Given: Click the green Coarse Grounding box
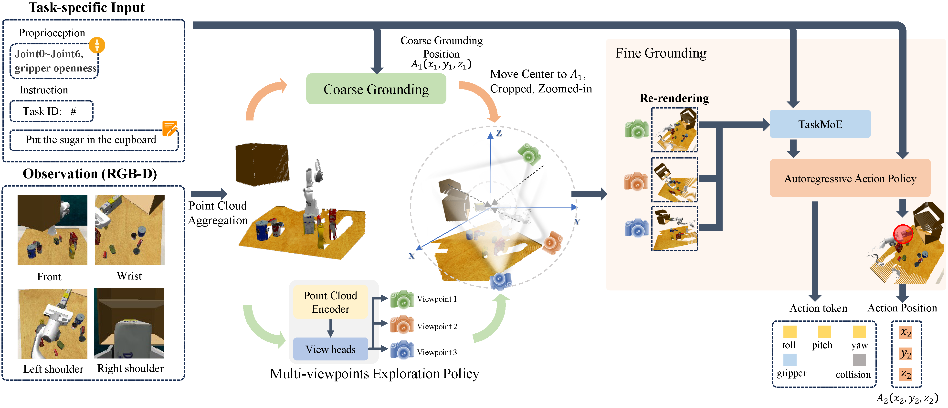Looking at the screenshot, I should click(376, 89).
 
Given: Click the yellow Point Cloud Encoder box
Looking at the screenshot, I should click(330, 302).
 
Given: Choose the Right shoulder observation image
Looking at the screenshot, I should click(129, 323).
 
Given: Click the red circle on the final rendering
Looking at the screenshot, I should click(903, 234).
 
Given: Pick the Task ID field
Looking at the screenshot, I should click(51, 111).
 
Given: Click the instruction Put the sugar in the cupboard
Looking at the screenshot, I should click(92, 140).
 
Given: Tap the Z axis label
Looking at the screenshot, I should click(499, 133).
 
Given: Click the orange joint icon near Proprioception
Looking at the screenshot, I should click(97, 45).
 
